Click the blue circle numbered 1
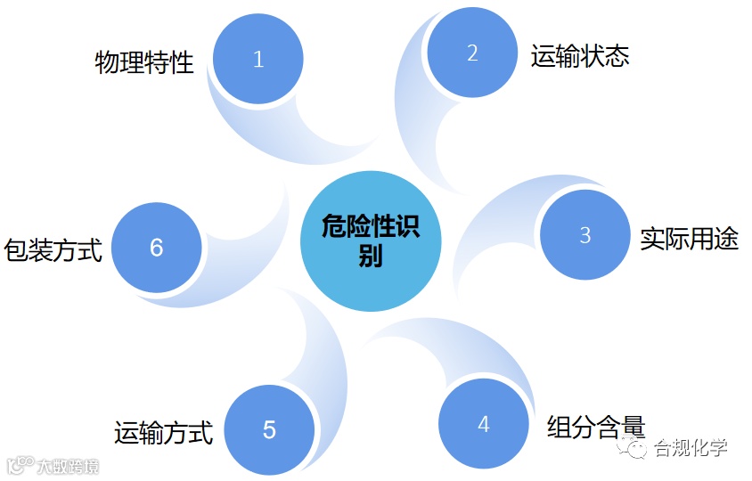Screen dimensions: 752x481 pyautogui.click(x=258, y=60)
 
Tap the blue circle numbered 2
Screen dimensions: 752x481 pyautogui.click(x=472, y=53)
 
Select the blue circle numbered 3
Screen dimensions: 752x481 pyautogui.click(x=584, y=235)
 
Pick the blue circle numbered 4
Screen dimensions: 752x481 pyautogui.click(x=483, y=424)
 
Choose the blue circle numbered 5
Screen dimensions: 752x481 pyautogui.click(x=269, y=430)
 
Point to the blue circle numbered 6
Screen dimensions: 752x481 pyautogui.click(x=157, y=248)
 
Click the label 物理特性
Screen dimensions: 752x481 pyautogui.click(x=144, y=62)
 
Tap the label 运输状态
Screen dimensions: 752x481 pyautogui.click(x=580, y=56)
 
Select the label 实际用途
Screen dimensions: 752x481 pyautogui.click(x=689, y=238)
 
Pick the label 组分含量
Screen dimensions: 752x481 pyautogui.click(x=595, y=427)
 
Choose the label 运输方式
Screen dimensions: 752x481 pyautogui.click(x=164, y=434)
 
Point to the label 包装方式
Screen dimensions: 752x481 pyautogui.click(x=53, y=249)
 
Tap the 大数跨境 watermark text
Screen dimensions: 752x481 pyautogui.click(x=67, y=466)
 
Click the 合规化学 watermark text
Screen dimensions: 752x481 pyautogui.click(x=691, y=447)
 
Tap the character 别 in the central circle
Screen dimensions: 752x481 pyautogui.click(x=371, y=257)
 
